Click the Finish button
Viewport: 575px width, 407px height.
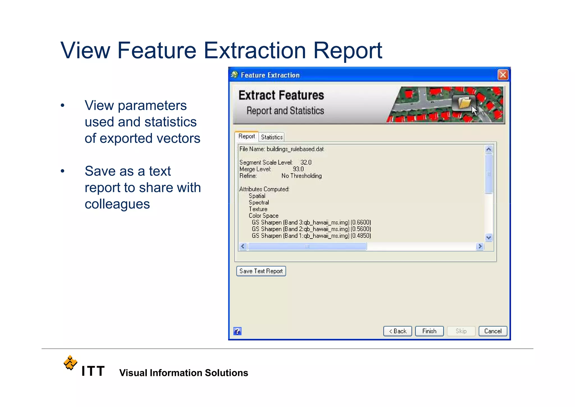point(429,331)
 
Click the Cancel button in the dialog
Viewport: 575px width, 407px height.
point(492,331)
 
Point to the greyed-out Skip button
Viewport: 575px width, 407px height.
point(461,331)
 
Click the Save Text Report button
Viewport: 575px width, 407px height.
point(261,271)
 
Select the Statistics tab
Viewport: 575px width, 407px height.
point(271,137)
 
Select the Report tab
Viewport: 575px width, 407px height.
point(247,136)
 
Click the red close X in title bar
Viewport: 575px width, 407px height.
point(503,75)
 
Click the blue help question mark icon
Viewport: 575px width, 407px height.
point(237,331)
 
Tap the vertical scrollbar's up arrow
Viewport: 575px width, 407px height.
point(489,149)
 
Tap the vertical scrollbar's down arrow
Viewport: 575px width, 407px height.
point(489,237)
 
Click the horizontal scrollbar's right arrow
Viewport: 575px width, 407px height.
point(480,246)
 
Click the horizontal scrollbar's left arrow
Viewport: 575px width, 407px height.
point(243,246)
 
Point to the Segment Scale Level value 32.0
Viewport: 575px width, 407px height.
point(306,163)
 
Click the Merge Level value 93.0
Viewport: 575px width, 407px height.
point(298,169)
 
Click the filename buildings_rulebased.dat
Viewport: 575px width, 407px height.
point(295,149)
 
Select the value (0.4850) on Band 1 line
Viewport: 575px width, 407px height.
point(361,236)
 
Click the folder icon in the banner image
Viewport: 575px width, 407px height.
point(464,103)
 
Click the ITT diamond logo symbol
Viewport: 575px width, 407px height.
point(70,363)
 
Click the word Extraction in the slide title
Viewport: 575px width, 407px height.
point(254,51)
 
